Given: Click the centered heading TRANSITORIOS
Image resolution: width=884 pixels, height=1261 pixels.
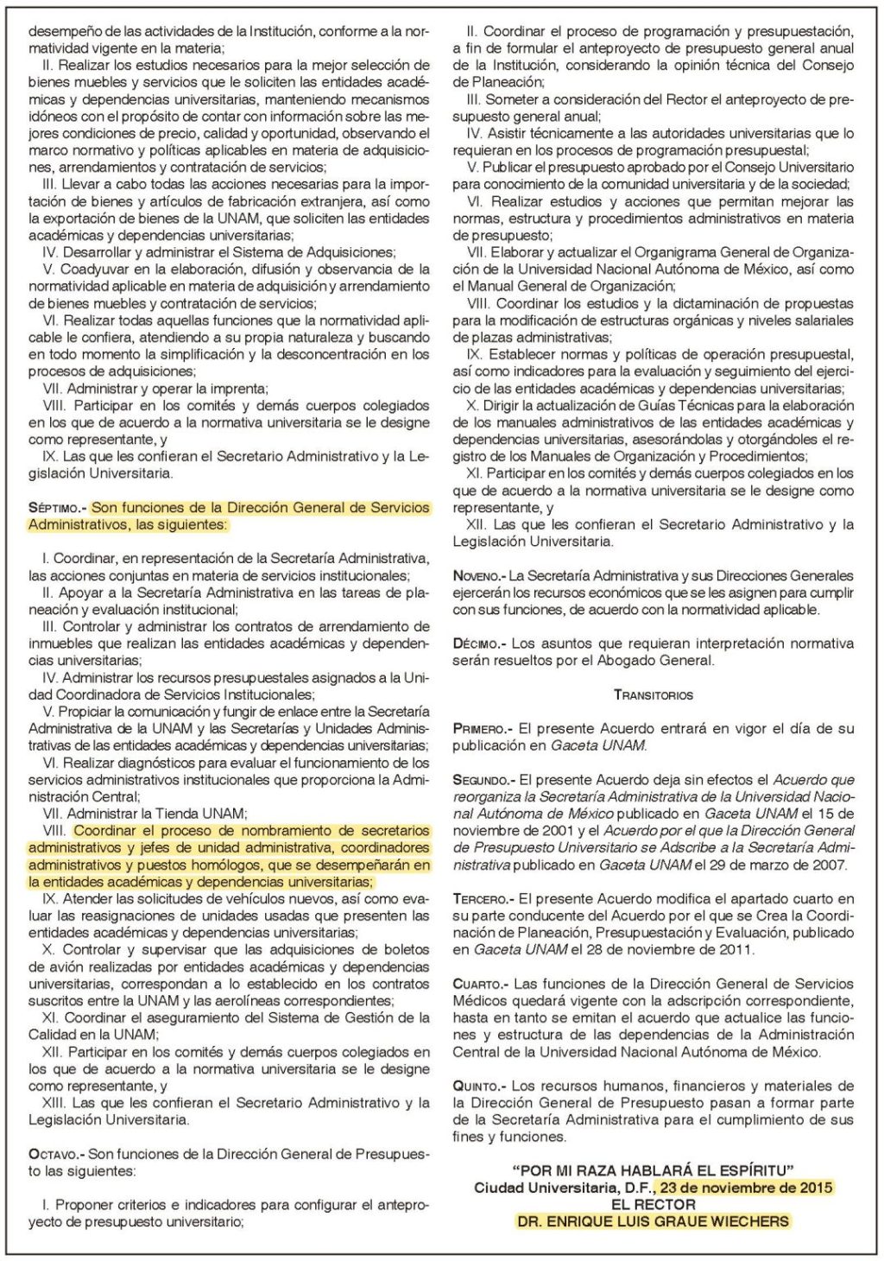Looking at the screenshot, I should (x=654, y=694).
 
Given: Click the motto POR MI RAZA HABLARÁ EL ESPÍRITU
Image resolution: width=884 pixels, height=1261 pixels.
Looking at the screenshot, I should (x=654, y=1171).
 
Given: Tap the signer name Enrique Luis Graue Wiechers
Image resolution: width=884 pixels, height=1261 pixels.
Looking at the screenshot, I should (x=654, y=1221).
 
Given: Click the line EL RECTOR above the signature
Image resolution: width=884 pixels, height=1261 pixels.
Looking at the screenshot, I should (x=654, y=1204).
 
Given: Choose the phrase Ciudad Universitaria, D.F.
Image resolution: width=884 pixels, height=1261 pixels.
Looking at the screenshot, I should (x=561, y=1188).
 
